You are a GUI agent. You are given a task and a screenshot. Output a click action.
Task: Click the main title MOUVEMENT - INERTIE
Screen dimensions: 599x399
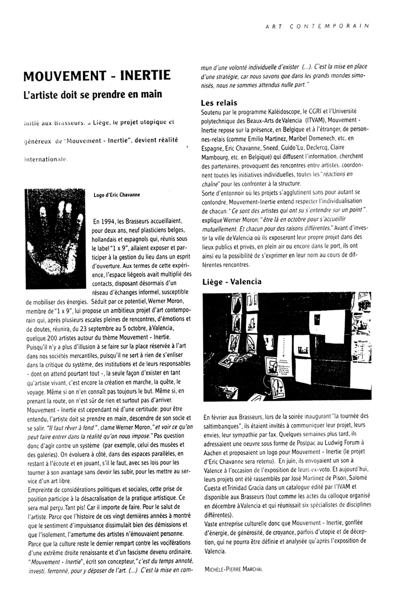[x=98, y=76]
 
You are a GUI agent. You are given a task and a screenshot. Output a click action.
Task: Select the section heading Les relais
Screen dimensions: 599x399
[x=220, y=102]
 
